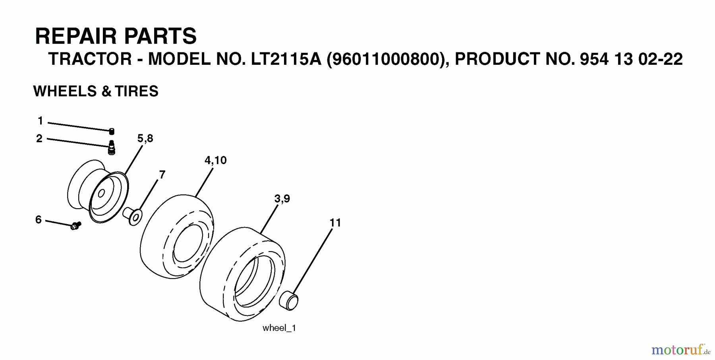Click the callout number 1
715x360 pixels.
coord(40,120)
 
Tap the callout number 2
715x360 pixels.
coord(39,138)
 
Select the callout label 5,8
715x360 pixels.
coord(145,138)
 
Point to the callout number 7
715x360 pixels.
coord(162,174)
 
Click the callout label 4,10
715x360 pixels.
coord(215,160)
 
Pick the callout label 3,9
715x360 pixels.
coord(282,198)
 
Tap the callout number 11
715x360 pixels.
coord(335,223)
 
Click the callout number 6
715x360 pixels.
coord(39,219)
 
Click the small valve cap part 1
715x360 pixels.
coord(112,131)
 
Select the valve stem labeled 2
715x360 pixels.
coord(112,147)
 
